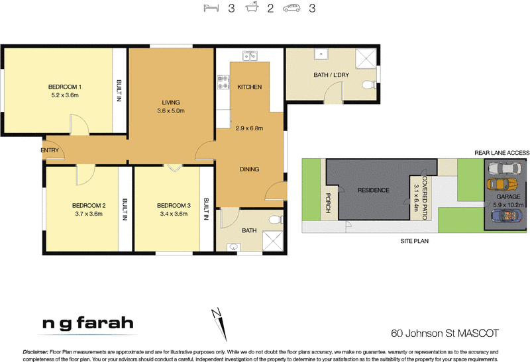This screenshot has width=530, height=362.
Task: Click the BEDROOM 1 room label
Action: pos(64,86)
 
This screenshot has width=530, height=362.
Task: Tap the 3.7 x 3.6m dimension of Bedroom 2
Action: pos(89,214)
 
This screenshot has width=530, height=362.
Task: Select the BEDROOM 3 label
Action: pos(174,205)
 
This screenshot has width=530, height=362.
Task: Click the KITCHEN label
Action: pos(250,87)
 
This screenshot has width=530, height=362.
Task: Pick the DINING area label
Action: pos(249,169)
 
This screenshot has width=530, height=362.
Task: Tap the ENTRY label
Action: pos(50,150)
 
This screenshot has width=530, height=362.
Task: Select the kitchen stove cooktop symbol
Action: pos(223,83)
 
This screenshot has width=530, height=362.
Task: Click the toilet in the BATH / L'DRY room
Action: pos(370,84)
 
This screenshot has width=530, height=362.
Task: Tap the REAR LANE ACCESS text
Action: pos(502,153)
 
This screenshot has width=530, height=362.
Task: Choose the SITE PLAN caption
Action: pos(415,242)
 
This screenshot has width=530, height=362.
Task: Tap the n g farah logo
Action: pos(87,324)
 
